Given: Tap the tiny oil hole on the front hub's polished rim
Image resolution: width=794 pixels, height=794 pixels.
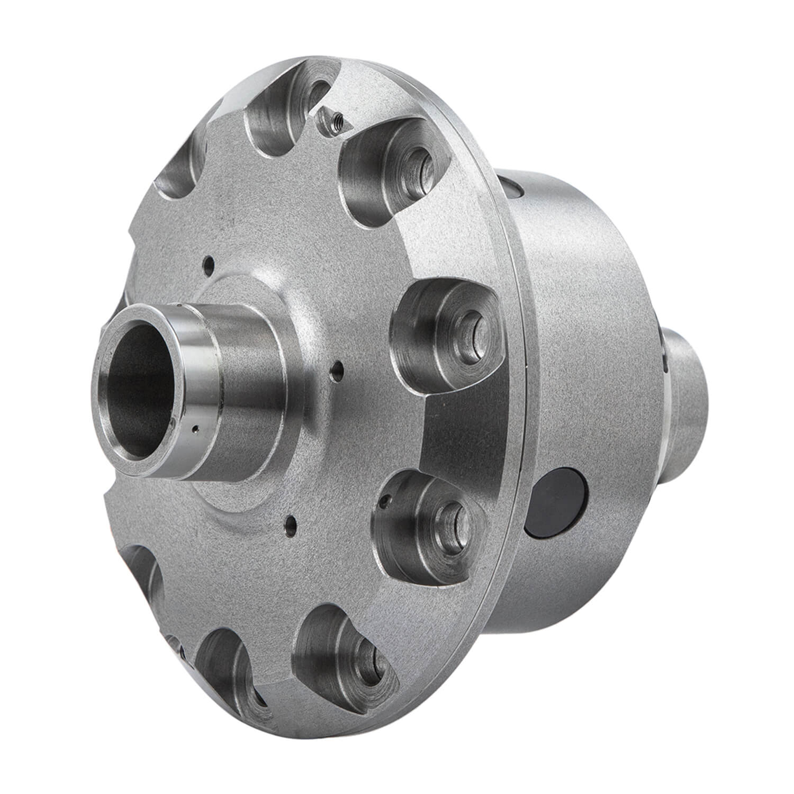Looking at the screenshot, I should click(195, 428).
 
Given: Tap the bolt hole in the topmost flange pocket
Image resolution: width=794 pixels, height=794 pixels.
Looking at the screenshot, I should click(316, 90).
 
